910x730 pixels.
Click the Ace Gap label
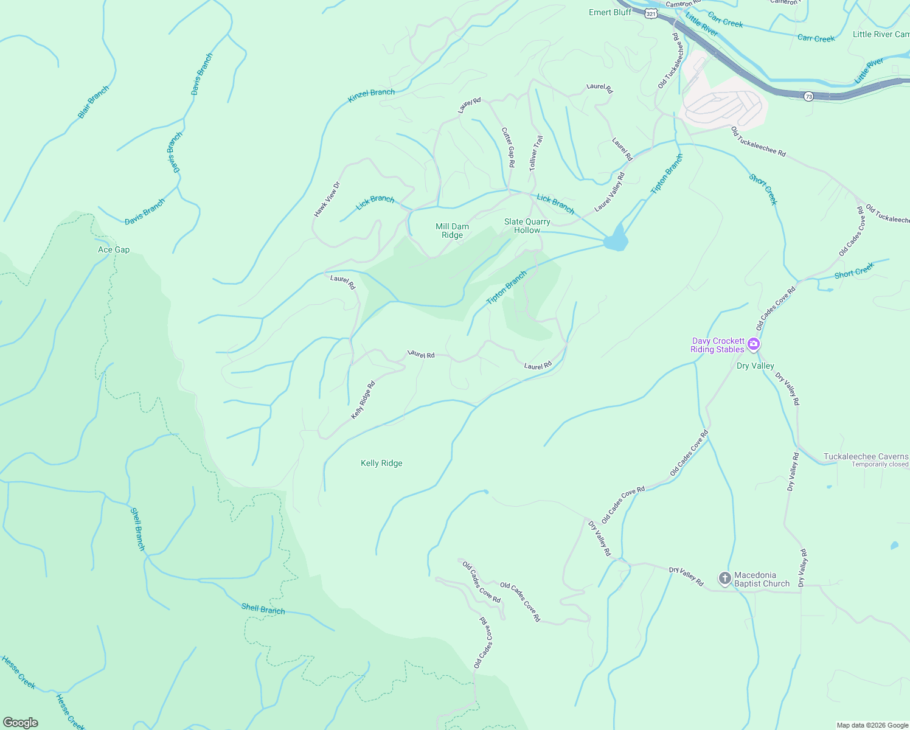pyautogui.click(x=114, y=250)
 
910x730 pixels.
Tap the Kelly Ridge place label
pyautogui.click(x=381, y=464)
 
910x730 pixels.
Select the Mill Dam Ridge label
pyautogui.click(x=452, y=231)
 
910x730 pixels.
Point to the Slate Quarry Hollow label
pyautogui.click(x=527, y=226)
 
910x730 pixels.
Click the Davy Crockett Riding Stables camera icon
pyautogui.click(x=754, y=345)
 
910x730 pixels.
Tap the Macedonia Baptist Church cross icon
pyautogui.click(x=724, y=579)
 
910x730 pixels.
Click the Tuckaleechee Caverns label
pyautogui.click(x=866, y=457)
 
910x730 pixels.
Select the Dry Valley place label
pyautogui.click(x=755, y=366)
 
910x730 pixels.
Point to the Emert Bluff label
pyautogui.click(x=610, y=13)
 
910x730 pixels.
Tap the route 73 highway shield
pyautogui.click(x=808, y=97)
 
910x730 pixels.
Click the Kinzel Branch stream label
pyautogui.click(x=371, y=96)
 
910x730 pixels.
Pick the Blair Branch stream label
pyautogui.click(x=94, y=102)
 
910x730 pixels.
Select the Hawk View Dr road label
pyautogui.click(x=327, y=200)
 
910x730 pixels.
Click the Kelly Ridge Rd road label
pyautogui.click(x=363, y=400)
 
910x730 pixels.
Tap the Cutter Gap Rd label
pyautogui.click(x=509, y=147)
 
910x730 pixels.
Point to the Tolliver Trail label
pyautogui.click(x=535, y=153)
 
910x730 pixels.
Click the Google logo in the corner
pyautogui.click(x=20, y=723)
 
